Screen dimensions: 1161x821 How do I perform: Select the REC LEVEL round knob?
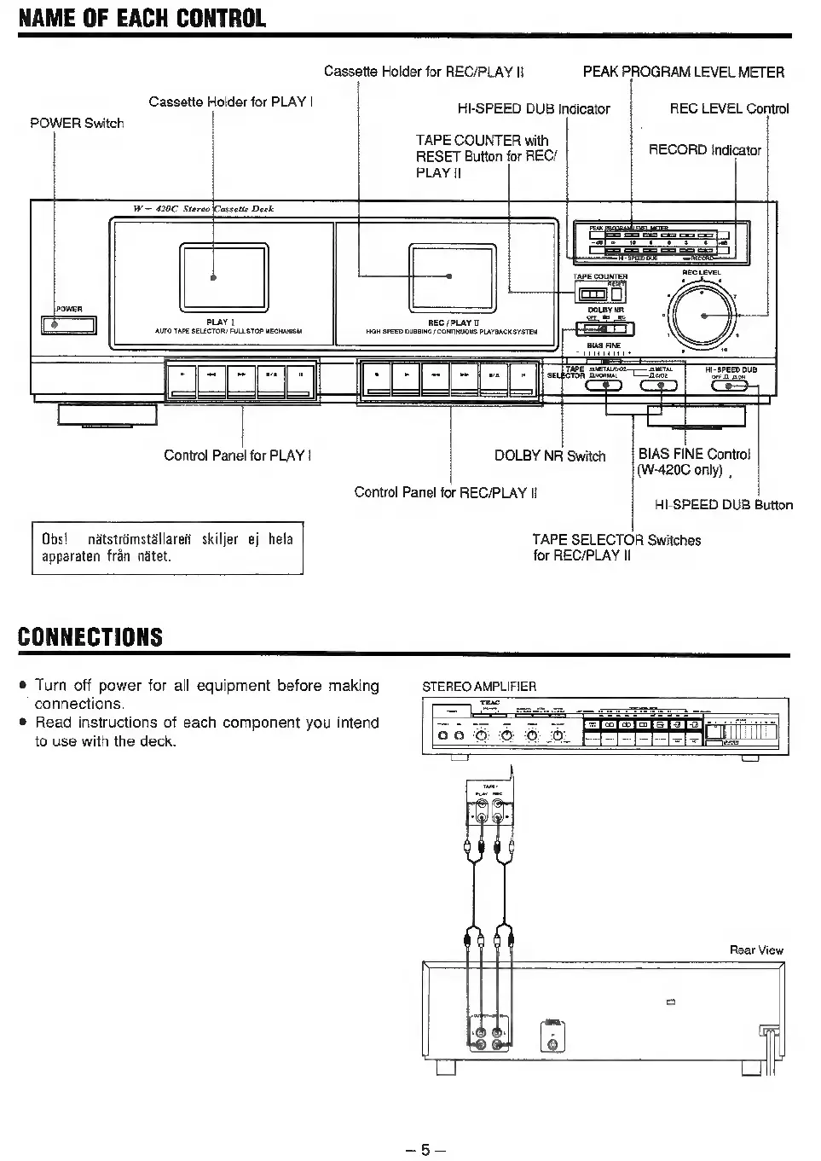[x=703, y=316]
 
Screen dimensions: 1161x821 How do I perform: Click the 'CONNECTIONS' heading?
[x=90, y=636]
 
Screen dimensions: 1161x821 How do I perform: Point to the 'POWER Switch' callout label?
[x=77, y=123]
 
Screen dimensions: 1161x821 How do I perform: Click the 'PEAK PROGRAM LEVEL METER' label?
[x=683, y=73]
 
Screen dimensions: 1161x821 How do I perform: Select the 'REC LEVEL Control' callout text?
[x=729, y=108]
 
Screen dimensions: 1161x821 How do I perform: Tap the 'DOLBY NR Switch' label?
[x=550, y=456]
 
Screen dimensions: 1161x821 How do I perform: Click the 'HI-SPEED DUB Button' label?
[x=723, y=505]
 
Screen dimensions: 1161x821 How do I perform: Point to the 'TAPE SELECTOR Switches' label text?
[x=616, y=540]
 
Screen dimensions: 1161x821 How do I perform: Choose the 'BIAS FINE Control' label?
[x=694, y=454]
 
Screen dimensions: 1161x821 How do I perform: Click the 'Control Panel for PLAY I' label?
[x=237, y=456]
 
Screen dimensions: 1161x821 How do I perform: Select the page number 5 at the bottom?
[x=420, y=1150]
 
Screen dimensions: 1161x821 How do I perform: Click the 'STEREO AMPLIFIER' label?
[x=479, y=686]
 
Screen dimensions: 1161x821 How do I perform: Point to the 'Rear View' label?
[x=756, y=949]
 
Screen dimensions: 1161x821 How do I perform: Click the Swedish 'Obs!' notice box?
[x=167, y=548]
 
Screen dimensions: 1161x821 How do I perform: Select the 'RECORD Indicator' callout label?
[x=704, y=150]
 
